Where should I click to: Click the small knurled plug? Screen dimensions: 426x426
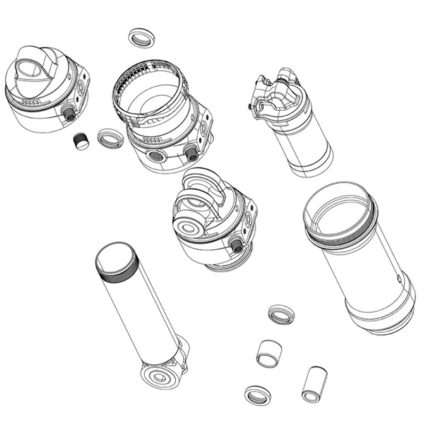point(80,141)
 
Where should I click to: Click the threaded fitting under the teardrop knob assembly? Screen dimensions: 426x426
point(69,112)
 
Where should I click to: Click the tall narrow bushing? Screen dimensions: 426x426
point(314,384)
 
